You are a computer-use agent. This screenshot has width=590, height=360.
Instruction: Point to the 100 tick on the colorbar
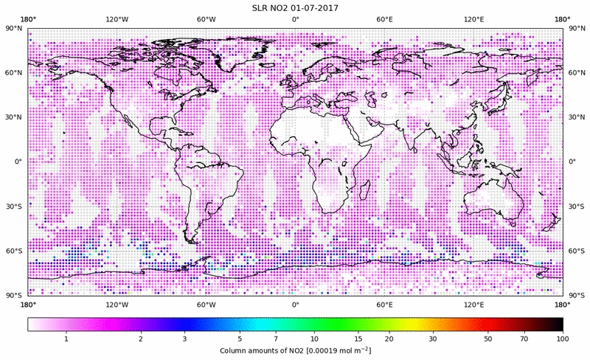(x=563, y=339)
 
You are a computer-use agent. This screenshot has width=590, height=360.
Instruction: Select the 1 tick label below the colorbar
(x=66, y=339)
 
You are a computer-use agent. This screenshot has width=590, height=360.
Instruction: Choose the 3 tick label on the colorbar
(x=185, y=339)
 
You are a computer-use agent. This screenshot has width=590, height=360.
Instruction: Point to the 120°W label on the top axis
(x=117, y=19)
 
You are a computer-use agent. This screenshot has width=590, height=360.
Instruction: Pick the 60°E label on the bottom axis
(x=384, y=304)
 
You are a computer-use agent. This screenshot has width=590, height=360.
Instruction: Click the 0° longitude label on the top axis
(x=295, y=19)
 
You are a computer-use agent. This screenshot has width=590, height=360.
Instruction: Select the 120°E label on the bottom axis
(x=473, y=304)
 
